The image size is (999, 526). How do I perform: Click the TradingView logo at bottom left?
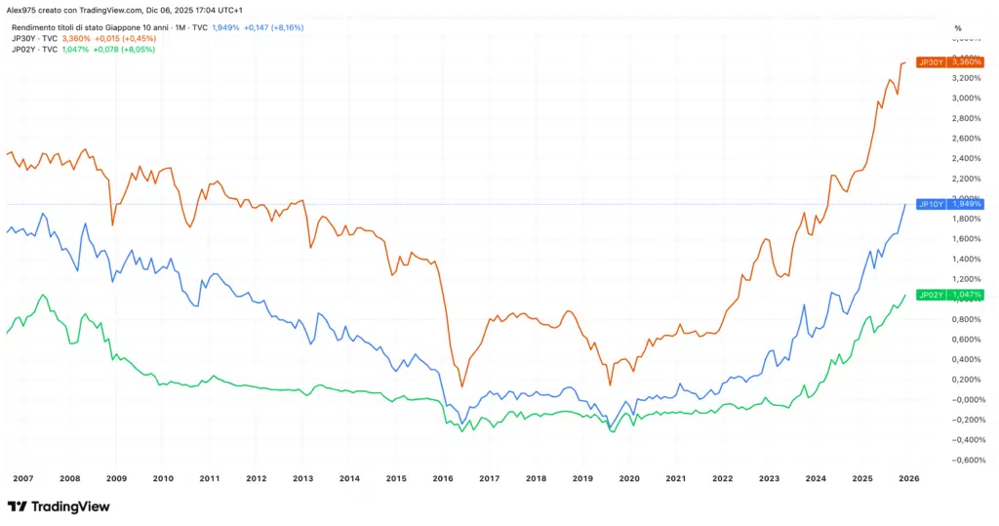tap(59, 506)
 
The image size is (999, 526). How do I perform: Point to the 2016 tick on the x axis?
tap(443, 479)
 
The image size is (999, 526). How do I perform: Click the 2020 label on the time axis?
tap(629, 479)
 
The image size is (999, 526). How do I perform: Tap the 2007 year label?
tap(23, 479)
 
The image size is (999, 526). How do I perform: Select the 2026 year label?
tap(909, 479)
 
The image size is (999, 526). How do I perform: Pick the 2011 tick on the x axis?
tap(210, 479)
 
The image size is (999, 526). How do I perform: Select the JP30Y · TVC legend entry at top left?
tap(34, 38)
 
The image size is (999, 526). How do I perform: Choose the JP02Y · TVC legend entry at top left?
tap(34, 49)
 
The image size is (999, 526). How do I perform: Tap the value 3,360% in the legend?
tap(75, 38)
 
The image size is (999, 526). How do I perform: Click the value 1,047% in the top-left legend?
tap(75, 49)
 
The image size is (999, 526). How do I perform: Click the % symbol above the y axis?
tap(958, 27)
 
